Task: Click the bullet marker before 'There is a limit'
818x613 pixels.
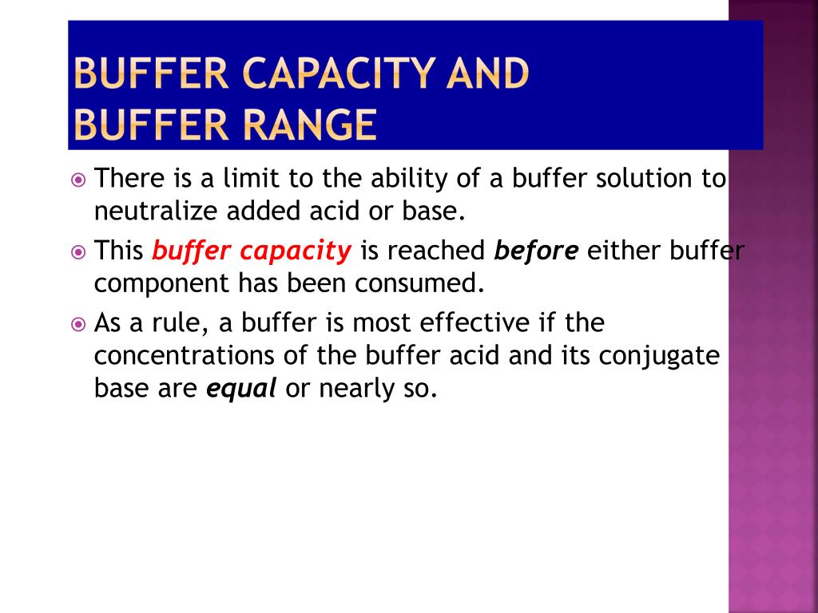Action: click(x=77, y=180)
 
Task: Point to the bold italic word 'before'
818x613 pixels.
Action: click(x=536, y=251)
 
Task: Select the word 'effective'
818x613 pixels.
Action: click(x=483, y=323)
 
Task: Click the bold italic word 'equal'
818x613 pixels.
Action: click(x=241, y=389)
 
